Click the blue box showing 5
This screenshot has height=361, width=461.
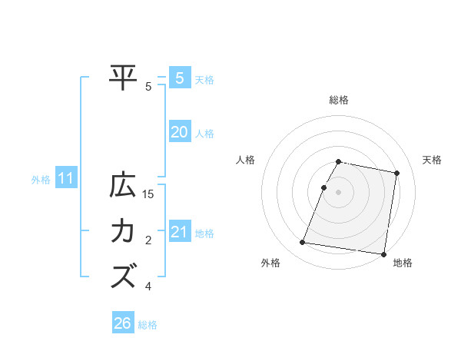(179, 78)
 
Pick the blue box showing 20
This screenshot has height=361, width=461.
(179, 132)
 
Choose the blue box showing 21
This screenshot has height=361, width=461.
(179, 232)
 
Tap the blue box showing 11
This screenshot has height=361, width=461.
(65, 179)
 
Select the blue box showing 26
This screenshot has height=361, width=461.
(123, 323)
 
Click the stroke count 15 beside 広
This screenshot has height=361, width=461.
(148, 195)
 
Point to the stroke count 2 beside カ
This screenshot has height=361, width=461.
(148, 241)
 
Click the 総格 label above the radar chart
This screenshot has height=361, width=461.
(339, 100)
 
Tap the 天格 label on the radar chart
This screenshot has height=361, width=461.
(432, 160)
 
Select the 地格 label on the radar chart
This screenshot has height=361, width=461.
(403, 263)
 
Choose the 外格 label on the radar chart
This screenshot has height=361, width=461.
(270, 263)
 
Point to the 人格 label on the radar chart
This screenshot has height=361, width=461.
(246, 160)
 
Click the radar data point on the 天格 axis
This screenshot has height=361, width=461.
(396, 174)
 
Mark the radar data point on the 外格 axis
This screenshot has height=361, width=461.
(303, 243)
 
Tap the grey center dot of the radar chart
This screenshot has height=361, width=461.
(339, 192)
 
